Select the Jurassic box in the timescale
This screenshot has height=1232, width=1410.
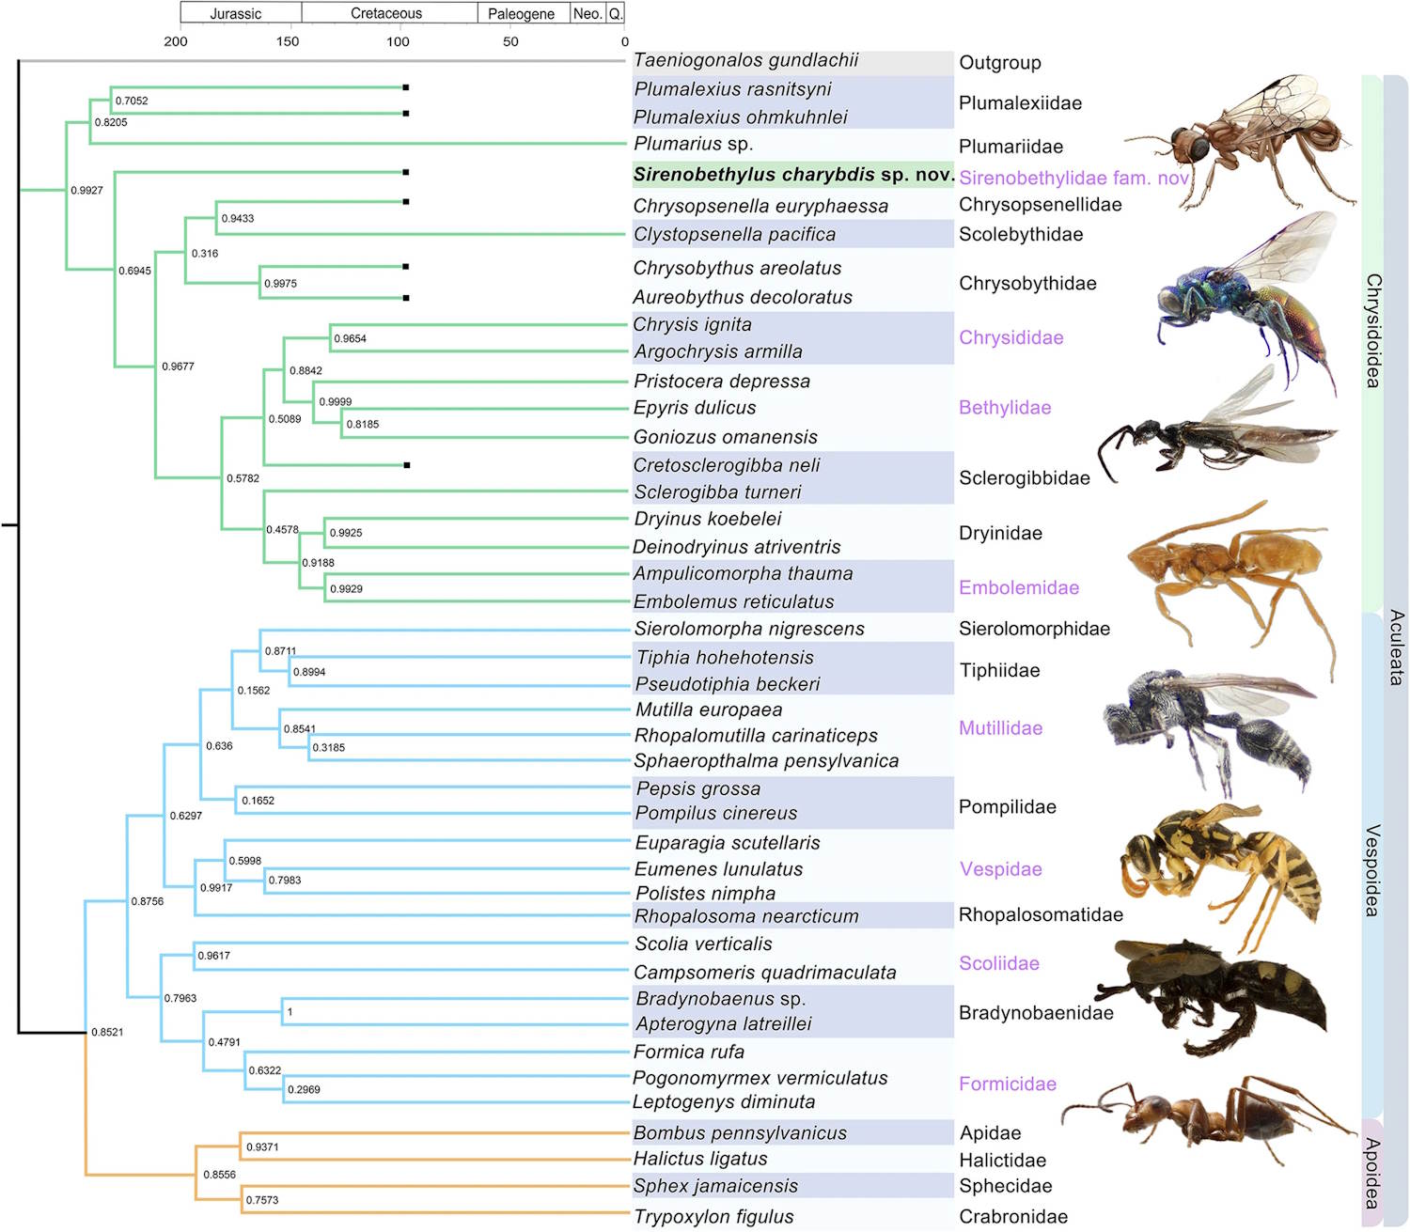236,13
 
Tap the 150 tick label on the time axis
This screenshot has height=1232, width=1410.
288,41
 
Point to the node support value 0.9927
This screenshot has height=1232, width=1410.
86,191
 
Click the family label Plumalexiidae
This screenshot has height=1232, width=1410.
1020,103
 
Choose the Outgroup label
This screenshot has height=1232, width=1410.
999,63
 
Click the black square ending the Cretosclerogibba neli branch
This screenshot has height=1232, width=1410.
406,465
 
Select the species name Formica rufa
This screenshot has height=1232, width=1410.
689,1052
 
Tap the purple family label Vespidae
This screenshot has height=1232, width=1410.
1000,869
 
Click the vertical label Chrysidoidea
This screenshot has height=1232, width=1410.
1373,331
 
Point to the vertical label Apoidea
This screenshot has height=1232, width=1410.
1372,1173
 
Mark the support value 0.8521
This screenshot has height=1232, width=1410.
107,1033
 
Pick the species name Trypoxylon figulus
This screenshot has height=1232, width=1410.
713,1217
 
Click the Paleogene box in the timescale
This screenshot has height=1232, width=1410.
521,13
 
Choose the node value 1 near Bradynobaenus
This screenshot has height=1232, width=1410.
290,1012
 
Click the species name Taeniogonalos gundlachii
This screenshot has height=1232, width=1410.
745,61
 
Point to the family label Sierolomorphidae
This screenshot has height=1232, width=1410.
1034,629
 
